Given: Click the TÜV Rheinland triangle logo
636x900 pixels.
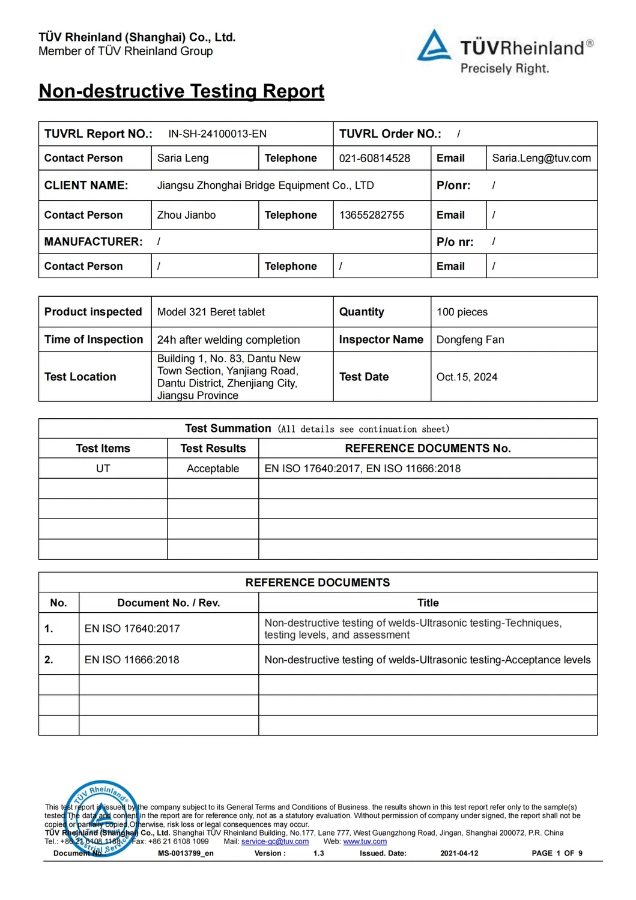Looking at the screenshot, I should coord(434,46).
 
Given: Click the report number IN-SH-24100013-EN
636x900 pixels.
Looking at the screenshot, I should coord(217,134).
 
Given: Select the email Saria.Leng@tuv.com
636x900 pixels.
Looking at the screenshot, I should coord(541,158).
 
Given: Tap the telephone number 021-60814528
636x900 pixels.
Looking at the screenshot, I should coord(374,158).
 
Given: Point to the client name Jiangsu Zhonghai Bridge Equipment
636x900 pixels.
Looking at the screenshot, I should coord(265,186).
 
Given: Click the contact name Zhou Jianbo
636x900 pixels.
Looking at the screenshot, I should coord(186,215).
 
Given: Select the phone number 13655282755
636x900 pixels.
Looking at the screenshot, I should coord(371,215).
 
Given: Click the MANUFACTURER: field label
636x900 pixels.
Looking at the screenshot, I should coord(93,242).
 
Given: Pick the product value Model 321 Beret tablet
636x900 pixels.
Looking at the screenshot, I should coord(211,312).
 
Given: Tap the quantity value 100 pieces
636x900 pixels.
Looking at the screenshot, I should coord(462,312).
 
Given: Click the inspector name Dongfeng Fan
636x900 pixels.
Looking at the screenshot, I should coord(470,339).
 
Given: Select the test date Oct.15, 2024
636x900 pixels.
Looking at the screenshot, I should coord(467,377).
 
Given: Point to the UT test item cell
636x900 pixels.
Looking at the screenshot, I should coord(103,469).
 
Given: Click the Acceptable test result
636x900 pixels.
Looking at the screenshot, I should coord(213,469).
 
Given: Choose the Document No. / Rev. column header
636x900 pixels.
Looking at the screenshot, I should coord(168,603).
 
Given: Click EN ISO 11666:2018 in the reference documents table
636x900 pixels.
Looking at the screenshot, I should coord(132,660).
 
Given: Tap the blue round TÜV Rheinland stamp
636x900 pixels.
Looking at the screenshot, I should coord(102,818).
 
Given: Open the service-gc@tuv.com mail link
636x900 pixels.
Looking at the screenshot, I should coord(274,842).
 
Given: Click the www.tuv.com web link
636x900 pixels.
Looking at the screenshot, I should coord(365,842).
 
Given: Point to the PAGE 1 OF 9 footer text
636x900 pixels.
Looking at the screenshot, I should coord(557,853).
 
